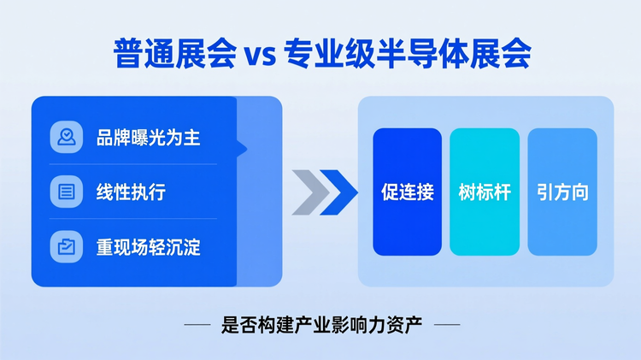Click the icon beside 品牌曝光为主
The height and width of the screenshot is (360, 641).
click(66, 137)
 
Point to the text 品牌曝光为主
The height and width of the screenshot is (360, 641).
click(148, 137)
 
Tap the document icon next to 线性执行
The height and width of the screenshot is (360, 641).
click(66, 192)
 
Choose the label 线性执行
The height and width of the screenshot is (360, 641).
click(131, 192)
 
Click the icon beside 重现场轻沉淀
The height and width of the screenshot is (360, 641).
click(66, 246)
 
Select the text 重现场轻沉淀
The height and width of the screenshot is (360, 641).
click(148, 246)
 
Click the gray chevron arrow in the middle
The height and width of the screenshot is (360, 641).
click(308, 192)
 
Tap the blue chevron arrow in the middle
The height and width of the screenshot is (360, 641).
click(339, 192)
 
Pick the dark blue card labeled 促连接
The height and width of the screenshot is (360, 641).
click(407, 192)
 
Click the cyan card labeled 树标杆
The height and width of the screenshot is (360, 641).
click(485, 192)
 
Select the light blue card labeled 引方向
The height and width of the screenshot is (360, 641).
click(562, 192)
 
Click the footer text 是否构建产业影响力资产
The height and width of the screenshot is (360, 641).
click(321, 325)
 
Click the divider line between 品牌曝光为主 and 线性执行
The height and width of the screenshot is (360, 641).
click(132, 164)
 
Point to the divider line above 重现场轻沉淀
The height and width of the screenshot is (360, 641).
click(132, 219)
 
